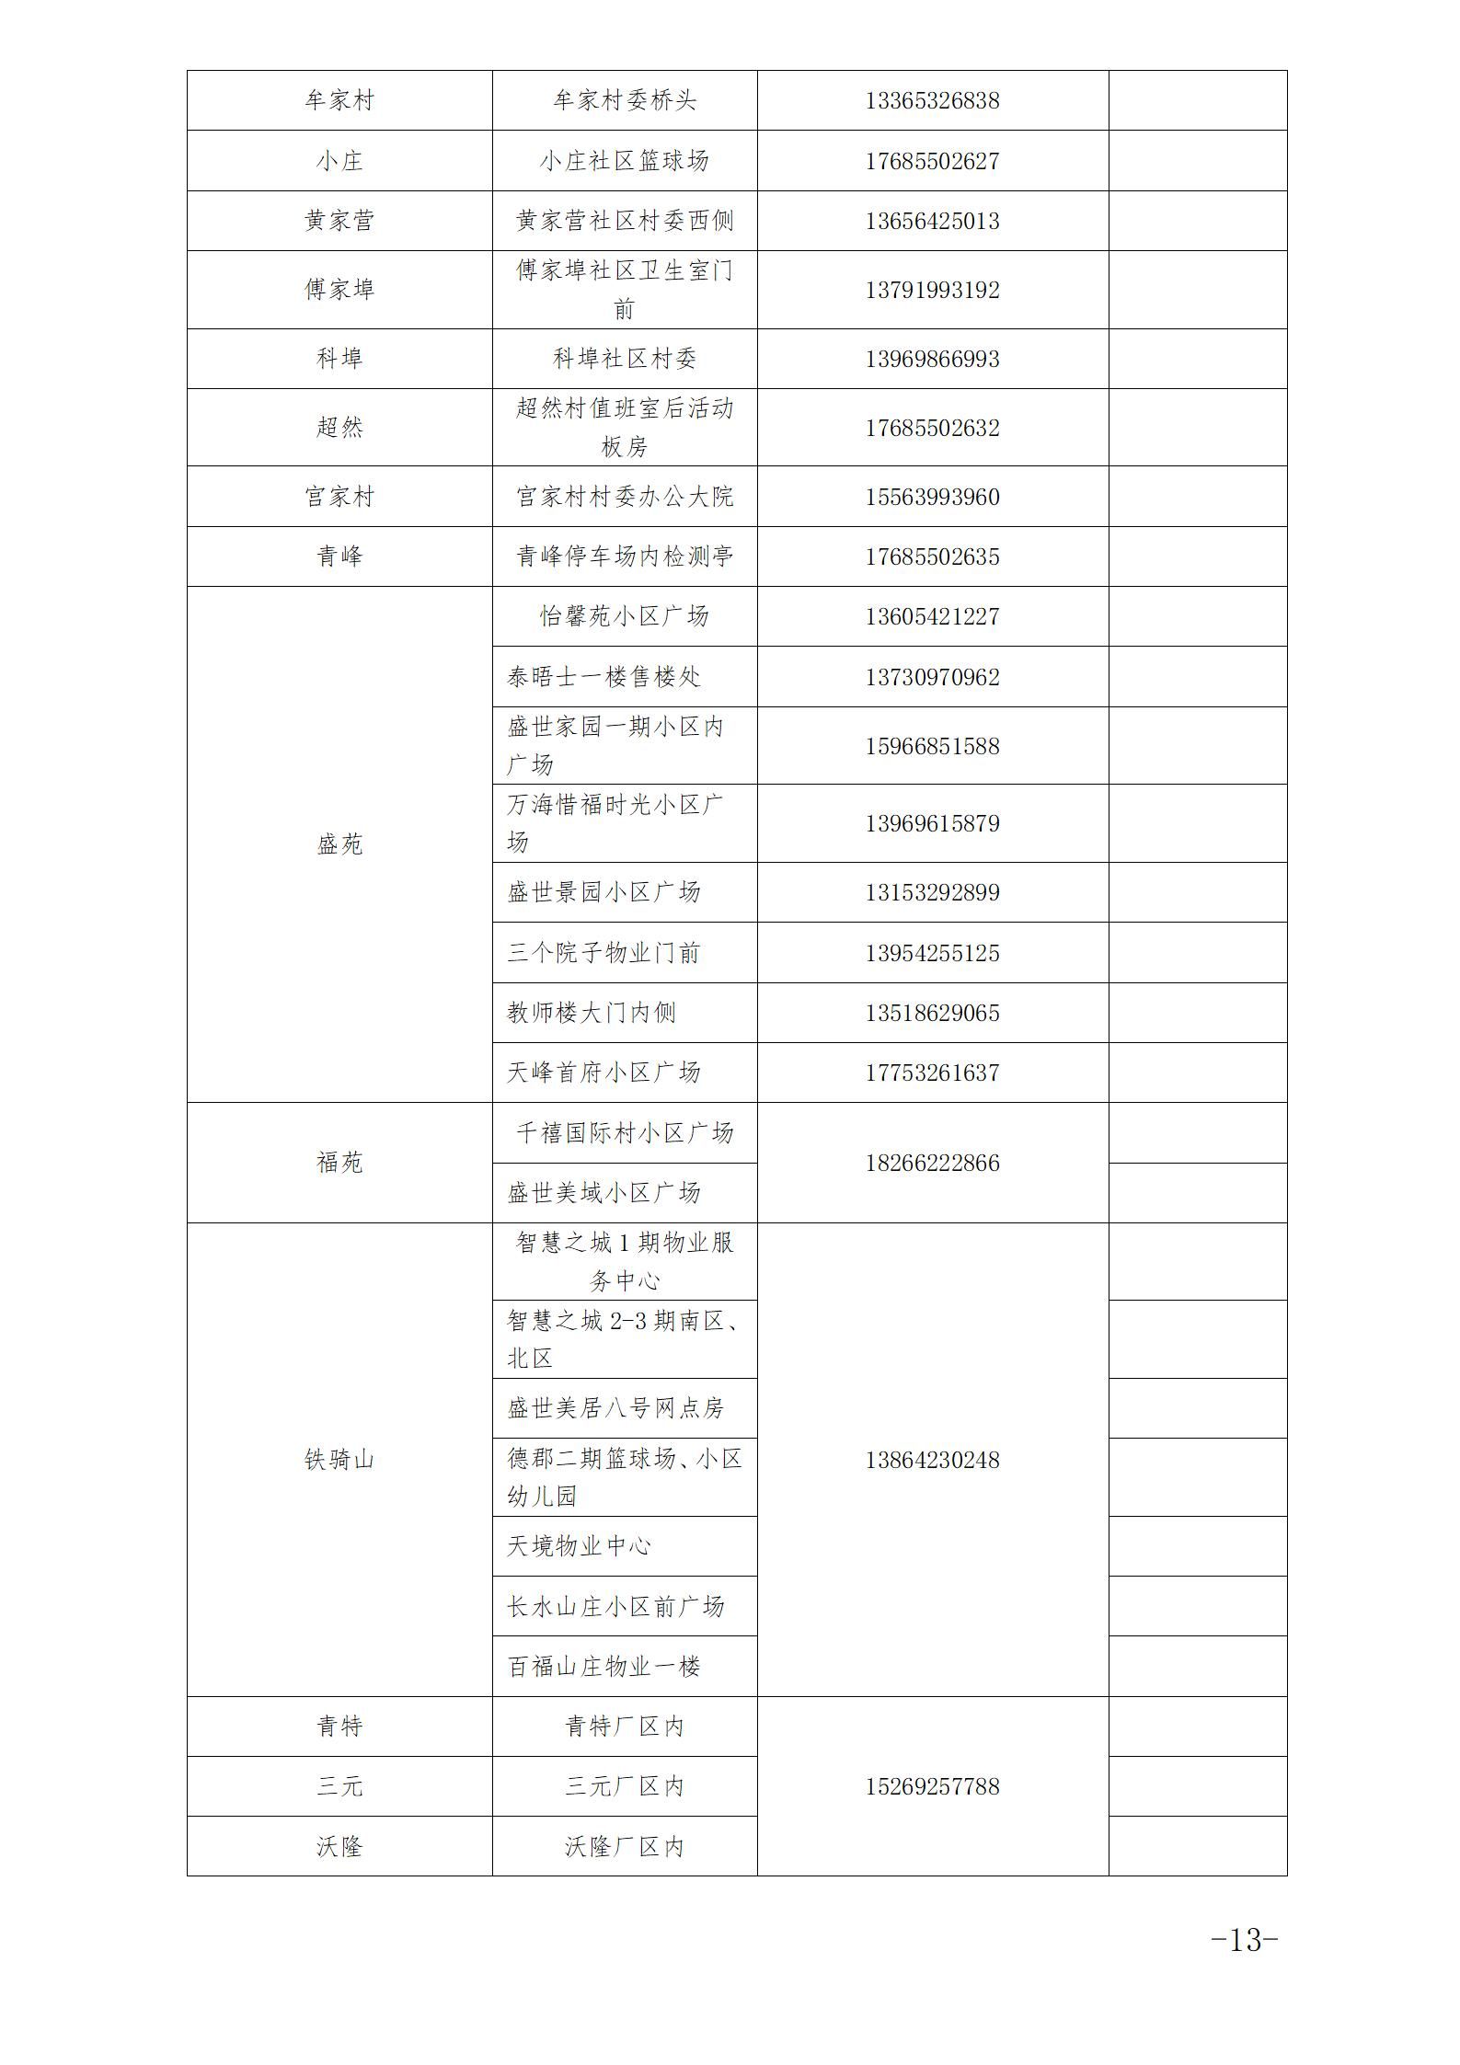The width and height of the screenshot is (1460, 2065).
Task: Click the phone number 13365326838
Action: point(932,100)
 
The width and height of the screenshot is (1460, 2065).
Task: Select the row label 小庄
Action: point(339,161)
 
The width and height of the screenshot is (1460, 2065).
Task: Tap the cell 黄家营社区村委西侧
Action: point(625,221)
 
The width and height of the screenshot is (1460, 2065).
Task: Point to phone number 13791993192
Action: point(932,290)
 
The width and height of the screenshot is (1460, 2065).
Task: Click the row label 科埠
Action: point(339,359)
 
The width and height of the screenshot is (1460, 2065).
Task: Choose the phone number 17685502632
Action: point(932,428)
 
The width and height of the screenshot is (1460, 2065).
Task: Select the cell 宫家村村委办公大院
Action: point(625,497)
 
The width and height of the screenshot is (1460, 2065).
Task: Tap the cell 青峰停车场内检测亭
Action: point(625,556)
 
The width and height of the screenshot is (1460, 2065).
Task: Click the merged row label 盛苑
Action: point(339,844)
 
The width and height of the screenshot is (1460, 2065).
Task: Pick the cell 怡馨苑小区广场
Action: point(625,616)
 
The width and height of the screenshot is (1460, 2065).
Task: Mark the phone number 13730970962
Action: point(932,677)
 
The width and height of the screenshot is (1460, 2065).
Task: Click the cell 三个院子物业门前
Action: point(604,953)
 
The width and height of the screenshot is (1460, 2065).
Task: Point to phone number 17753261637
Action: point(932,1073)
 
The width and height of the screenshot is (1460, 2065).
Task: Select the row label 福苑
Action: point(339,1163)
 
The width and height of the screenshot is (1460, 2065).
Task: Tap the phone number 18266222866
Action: point(932,1163)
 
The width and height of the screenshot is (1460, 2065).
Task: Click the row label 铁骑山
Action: point(339,1460)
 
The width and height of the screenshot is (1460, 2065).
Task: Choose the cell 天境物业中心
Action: point(579,1546)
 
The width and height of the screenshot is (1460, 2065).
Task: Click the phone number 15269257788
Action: point(932,1786)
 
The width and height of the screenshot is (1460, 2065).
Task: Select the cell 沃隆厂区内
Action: point(625,1847)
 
